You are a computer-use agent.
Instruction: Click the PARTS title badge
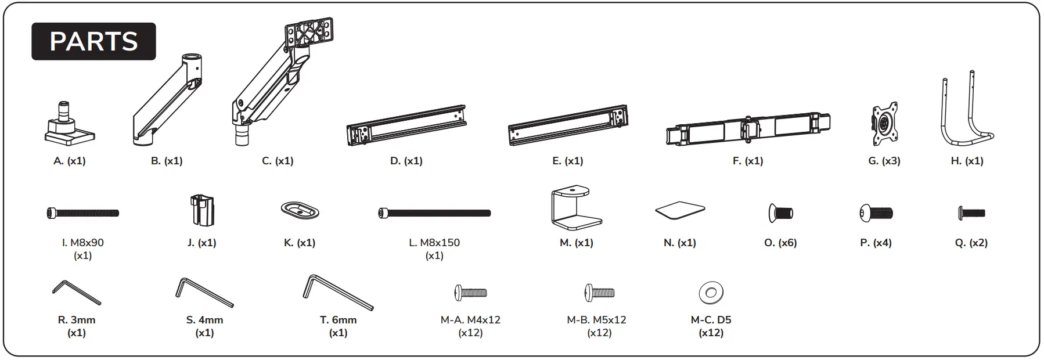[93, 41]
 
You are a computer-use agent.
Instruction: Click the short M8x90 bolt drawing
[82, 213]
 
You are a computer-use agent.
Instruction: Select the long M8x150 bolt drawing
[434, 213]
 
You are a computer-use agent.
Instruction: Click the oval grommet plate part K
[300, 210]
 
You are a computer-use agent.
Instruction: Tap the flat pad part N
[680, 210]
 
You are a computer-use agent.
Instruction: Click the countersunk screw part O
[780, 213]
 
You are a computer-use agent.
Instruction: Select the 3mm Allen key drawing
[76, 292]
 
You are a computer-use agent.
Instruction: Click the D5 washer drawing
[711, 293]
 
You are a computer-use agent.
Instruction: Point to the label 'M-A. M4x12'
[470, 320]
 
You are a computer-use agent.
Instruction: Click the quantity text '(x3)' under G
[891, 161]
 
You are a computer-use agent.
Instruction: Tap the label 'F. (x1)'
[748, 161]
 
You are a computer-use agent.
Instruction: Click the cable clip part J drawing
[202, 210]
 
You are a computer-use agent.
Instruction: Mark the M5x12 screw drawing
[599, 292]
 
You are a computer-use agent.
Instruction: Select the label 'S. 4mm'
[204, 320]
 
